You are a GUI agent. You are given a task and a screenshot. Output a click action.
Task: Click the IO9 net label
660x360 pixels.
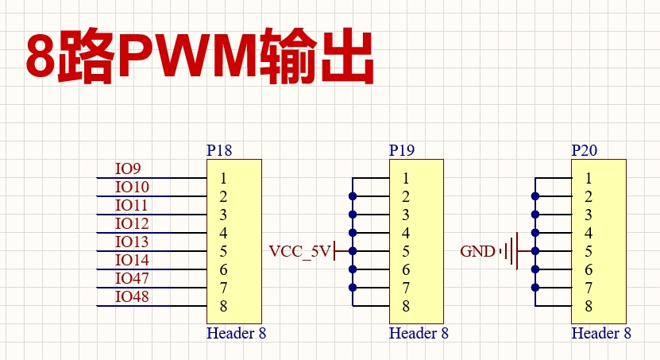point(128,168)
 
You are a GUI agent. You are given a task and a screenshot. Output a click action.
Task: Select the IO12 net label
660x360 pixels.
point(132,223)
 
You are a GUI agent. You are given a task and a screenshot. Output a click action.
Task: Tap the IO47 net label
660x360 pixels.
point(132,278)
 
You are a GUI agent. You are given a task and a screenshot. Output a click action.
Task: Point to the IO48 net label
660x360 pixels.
point(132,296)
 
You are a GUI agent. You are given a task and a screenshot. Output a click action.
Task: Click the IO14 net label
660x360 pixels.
point(132,260)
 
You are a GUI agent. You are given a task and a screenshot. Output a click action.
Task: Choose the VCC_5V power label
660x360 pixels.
point(300,252)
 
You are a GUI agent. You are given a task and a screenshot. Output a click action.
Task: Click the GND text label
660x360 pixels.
point(477,252)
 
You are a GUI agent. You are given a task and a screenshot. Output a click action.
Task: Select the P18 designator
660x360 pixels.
point(219,150)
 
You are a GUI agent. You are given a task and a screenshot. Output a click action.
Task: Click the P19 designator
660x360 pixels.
point(402,150)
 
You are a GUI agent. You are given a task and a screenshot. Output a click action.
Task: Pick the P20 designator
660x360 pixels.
point(585,150)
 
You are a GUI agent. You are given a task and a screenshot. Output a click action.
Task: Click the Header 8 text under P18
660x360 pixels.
point(236,333)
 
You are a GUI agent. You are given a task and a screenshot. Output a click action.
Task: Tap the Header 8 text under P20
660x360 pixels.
point(601,333)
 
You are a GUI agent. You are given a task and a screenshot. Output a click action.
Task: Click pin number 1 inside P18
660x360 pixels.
point(224,179)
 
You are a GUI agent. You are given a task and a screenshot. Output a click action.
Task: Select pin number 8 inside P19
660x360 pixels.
point(406,306)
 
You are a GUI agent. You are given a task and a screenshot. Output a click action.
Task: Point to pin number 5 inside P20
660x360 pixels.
point(589,252)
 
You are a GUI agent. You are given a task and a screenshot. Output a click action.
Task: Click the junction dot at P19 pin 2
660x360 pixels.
point(353,195)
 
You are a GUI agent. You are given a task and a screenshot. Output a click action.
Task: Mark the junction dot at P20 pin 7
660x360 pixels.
point(535,287)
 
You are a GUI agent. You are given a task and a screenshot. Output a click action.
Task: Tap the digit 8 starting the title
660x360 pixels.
point(41,58)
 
